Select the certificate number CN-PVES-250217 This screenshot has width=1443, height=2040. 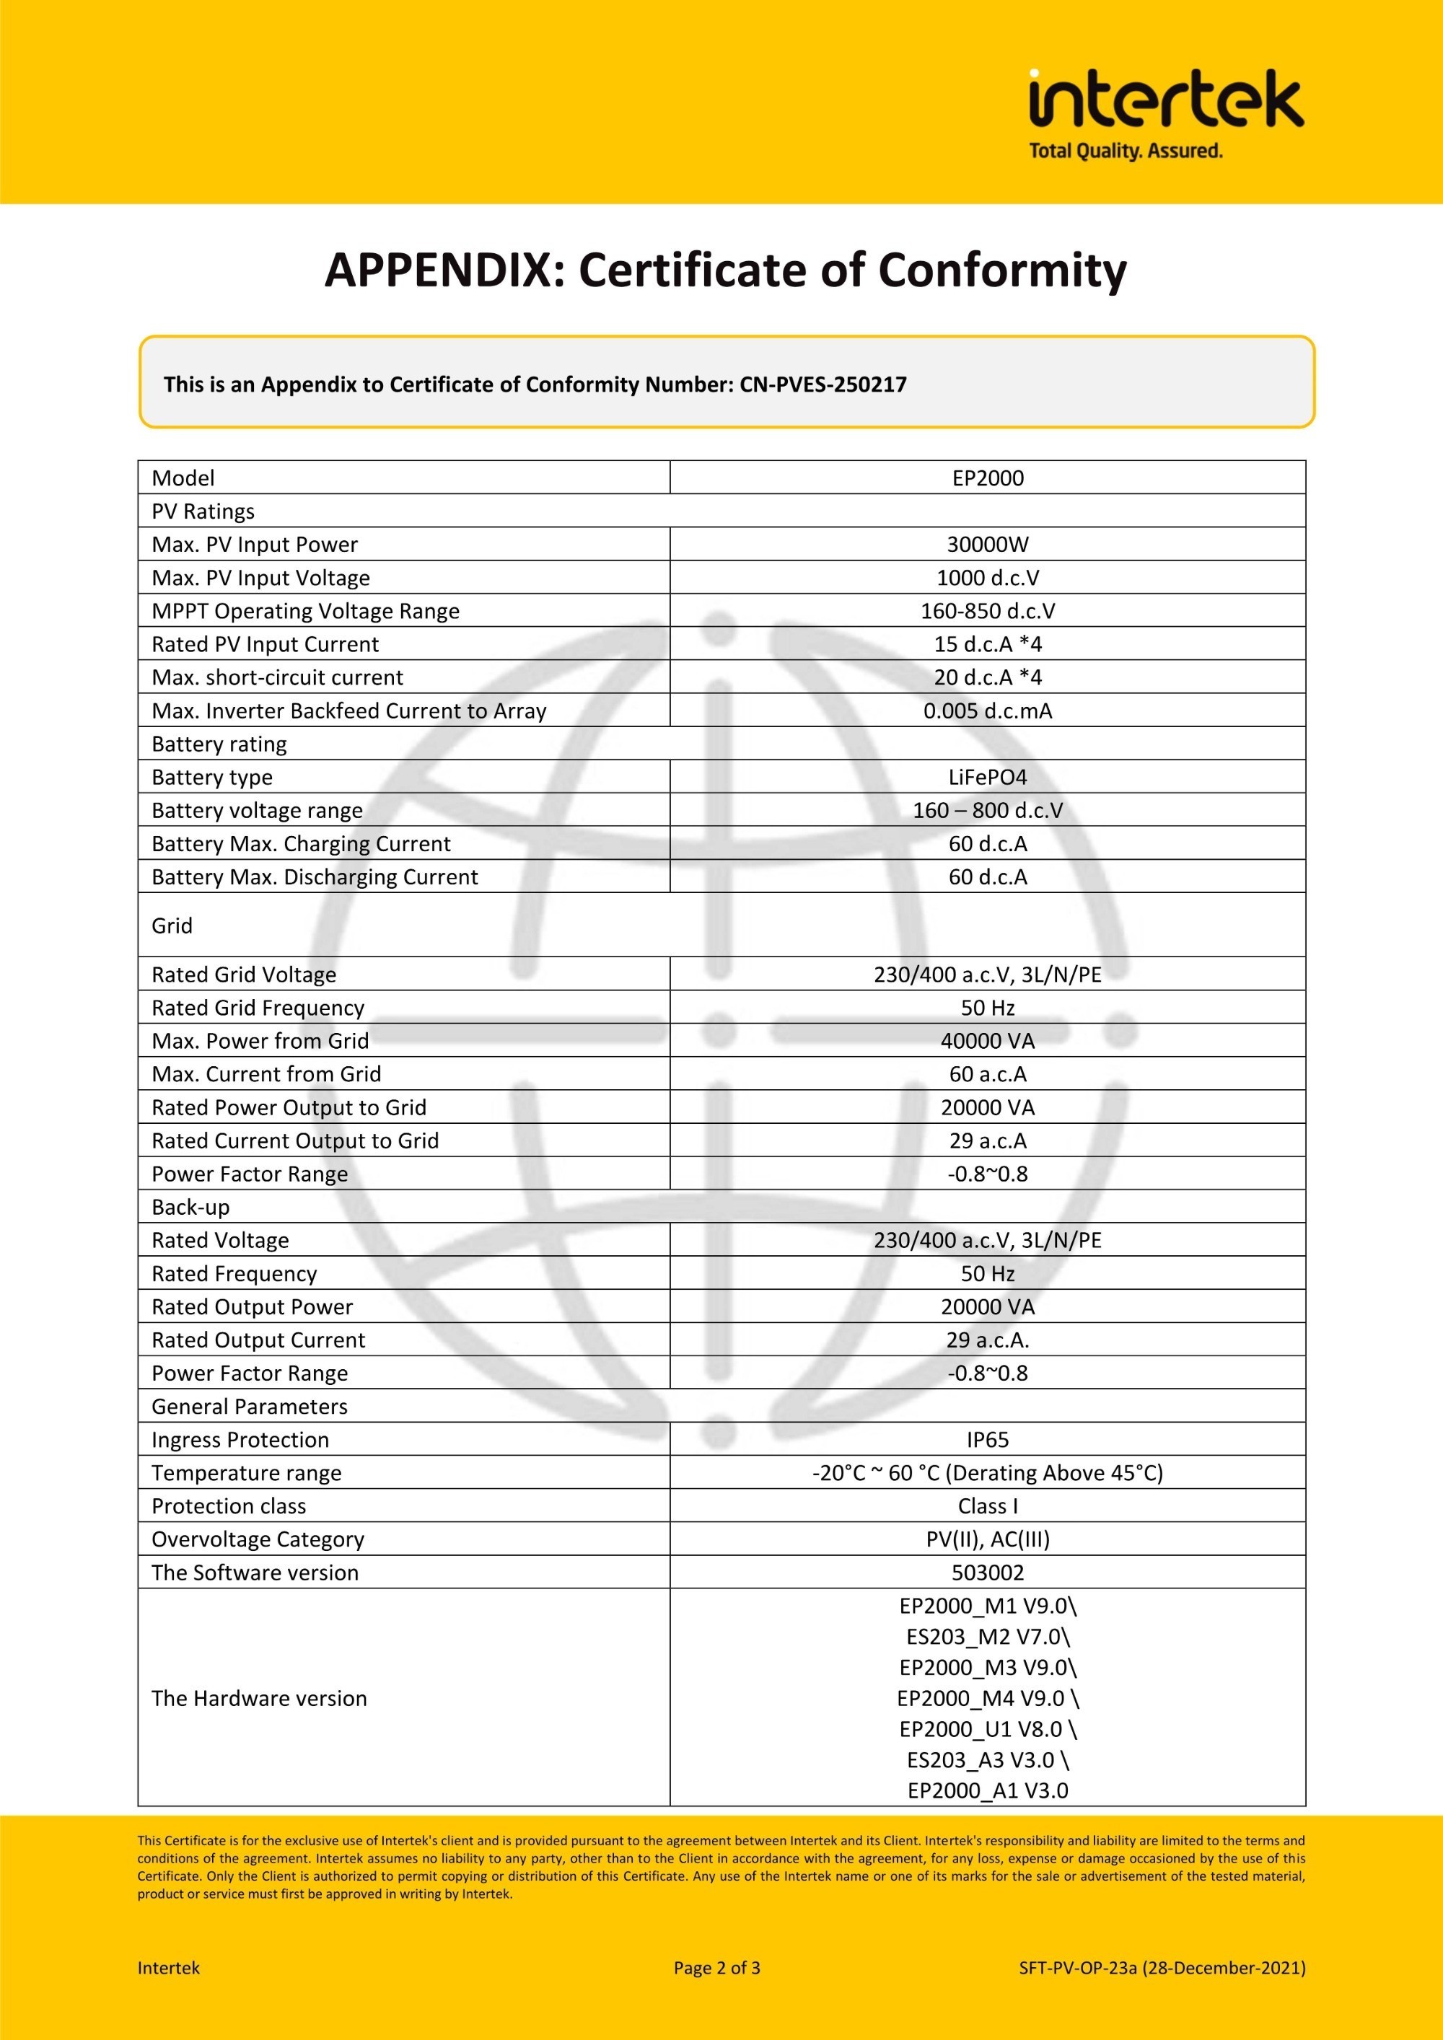[x=823, y=384]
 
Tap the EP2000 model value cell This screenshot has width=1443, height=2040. [x=987, y=478]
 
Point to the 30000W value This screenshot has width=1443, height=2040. [x=987, y=545]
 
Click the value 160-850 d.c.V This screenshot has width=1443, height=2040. [x=987, y=611]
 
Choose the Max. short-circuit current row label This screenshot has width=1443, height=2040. [x=277, y=677]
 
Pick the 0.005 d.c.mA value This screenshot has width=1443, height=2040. [x=987, y=711]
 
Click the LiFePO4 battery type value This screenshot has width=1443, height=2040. [x=987, y=778]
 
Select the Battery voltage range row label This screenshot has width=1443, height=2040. [x=257, y=810]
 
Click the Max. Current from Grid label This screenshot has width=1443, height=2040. [x=266, y=1074]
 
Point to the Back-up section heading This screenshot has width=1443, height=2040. [x=190, y=1207]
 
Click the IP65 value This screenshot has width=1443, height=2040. [x=987, y=1439]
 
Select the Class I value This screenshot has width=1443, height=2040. [x=987, y=1506]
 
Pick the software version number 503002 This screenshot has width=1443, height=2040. [x=987, y=1573]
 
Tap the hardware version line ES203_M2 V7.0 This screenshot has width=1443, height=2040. [x=987, y=1637]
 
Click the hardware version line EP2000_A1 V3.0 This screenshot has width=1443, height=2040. [x=987, y=1790]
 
